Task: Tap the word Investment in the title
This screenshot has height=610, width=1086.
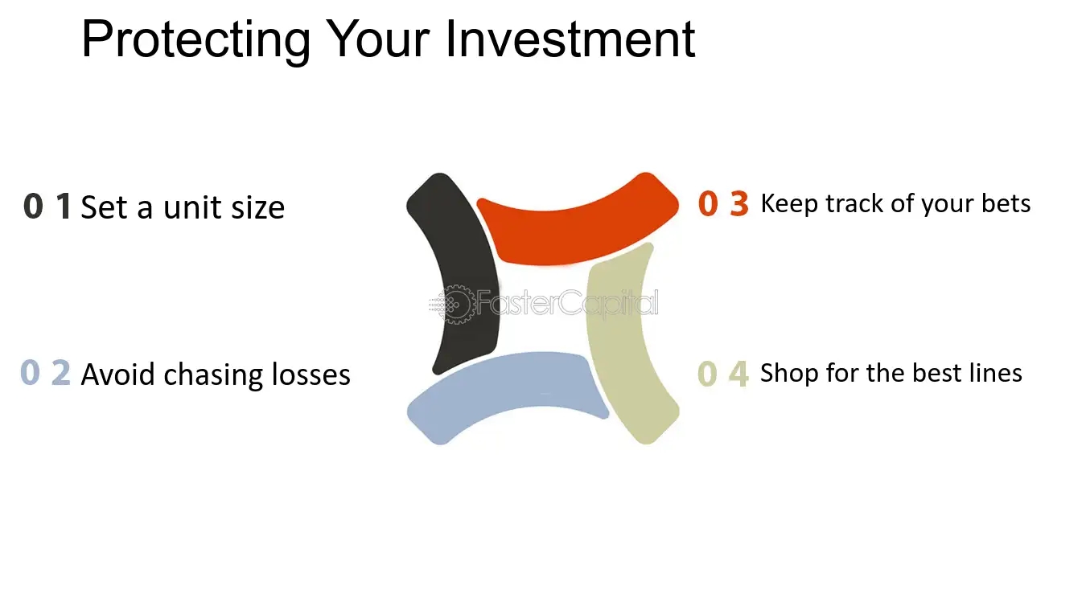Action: (x=570, y=39)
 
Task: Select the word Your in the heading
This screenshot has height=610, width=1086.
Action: (x=377, y=39)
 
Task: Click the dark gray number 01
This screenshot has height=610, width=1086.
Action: (x=47, y=206)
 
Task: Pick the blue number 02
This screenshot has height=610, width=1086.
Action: (x=46, y=373)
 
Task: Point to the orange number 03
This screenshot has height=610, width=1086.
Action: (x=723, y=203)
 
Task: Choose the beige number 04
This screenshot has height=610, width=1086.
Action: (x=723, y=374)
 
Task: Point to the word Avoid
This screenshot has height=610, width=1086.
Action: (x=117, y=375)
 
